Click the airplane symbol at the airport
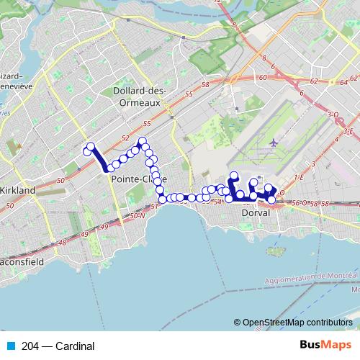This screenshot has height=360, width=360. (x=272, y=143)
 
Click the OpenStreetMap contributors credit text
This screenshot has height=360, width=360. (x=297, y=322)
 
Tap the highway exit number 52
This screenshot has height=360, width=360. (x=125, y=138)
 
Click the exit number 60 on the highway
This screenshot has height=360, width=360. (x=263, y=76)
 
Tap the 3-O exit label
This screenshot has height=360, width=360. (x=332, y=114)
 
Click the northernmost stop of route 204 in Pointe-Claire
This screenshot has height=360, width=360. (x=143, y=141)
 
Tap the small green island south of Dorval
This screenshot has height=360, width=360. (x=274, y=233)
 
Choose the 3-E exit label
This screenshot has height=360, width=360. (x=348, y=132)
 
